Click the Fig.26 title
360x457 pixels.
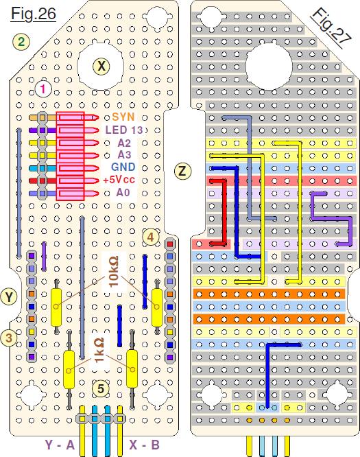[x=33, y=14]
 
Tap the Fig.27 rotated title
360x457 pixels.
[x=331, y=26]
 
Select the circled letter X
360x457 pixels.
[x=101, y=67]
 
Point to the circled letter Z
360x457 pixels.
[x=182, y=170]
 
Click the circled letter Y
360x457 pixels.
[x=9, y=297]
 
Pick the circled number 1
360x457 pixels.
[x=43, y=89]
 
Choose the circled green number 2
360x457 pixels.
[x=21, y=42]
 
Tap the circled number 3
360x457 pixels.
[x=9, y=338]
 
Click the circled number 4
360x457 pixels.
[x=151, y=237]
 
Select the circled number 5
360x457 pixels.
[x=101, y=389]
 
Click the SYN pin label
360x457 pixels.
[x=123, y=117]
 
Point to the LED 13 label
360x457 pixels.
[x=124, y=130]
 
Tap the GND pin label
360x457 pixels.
[x=123, y=167]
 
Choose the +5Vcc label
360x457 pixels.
[x=119, y=180]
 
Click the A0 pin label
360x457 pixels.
[x=123, y=193]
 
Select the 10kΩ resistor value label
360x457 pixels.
[x=114, y=271]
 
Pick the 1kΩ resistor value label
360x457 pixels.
[x=99, y=350]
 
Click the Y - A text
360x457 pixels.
[x=60, y=445]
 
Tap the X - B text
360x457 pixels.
[x=145, y=445]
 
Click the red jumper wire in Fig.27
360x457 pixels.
[x=224, y=212]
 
